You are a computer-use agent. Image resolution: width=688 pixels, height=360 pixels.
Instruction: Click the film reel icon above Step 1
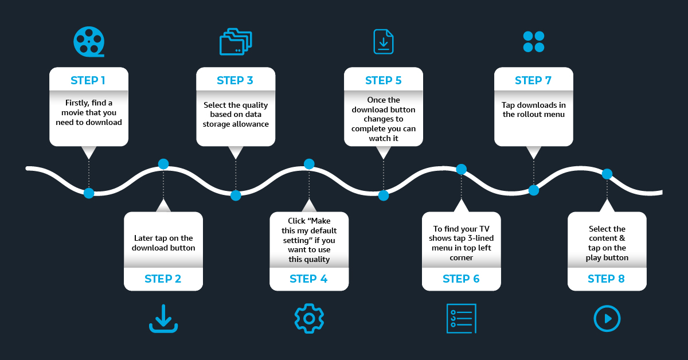tap(89, 42)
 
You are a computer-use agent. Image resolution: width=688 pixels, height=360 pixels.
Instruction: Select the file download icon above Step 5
tap(384, 42)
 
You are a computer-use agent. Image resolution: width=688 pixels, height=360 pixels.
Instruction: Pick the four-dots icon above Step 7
tap(534, 42)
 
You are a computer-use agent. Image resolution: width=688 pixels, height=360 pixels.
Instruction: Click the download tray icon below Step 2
tap(163, 319)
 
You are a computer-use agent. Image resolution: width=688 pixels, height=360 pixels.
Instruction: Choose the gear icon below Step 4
tap(309, 318)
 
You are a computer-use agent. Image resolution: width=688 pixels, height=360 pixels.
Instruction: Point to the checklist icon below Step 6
tap(461, 318)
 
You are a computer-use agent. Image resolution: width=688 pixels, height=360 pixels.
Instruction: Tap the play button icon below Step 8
tap(607, 318)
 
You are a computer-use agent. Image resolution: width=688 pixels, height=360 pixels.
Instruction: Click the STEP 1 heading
tap(88, 80)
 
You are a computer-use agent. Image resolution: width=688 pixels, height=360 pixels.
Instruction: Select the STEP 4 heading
tap(308, 279)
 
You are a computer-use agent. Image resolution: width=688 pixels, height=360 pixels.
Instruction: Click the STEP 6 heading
tap(461, 279)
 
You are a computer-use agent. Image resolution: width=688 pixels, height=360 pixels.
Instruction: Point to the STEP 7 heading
tap(533, 80)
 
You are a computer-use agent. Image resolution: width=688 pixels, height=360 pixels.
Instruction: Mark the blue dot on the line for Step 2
tap(163, 164)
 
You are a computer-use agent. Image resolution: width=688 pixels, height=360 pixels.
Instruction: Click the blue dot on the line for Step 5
tap(384, 195)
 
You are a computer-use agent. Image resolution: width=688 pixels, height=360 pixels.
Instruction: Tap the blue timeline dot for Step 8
tap(607, 174)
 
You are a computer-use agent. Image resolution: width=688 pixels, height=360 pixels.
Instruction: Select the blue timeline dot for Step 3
tap(236, 195)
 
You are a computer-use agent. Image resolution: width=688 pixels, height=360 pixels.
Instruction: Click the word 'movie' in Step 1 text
tap(74, 112)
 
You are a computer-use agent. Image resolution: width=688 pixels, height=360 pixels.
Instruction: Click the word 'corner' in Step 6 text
tap(461, 258)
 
